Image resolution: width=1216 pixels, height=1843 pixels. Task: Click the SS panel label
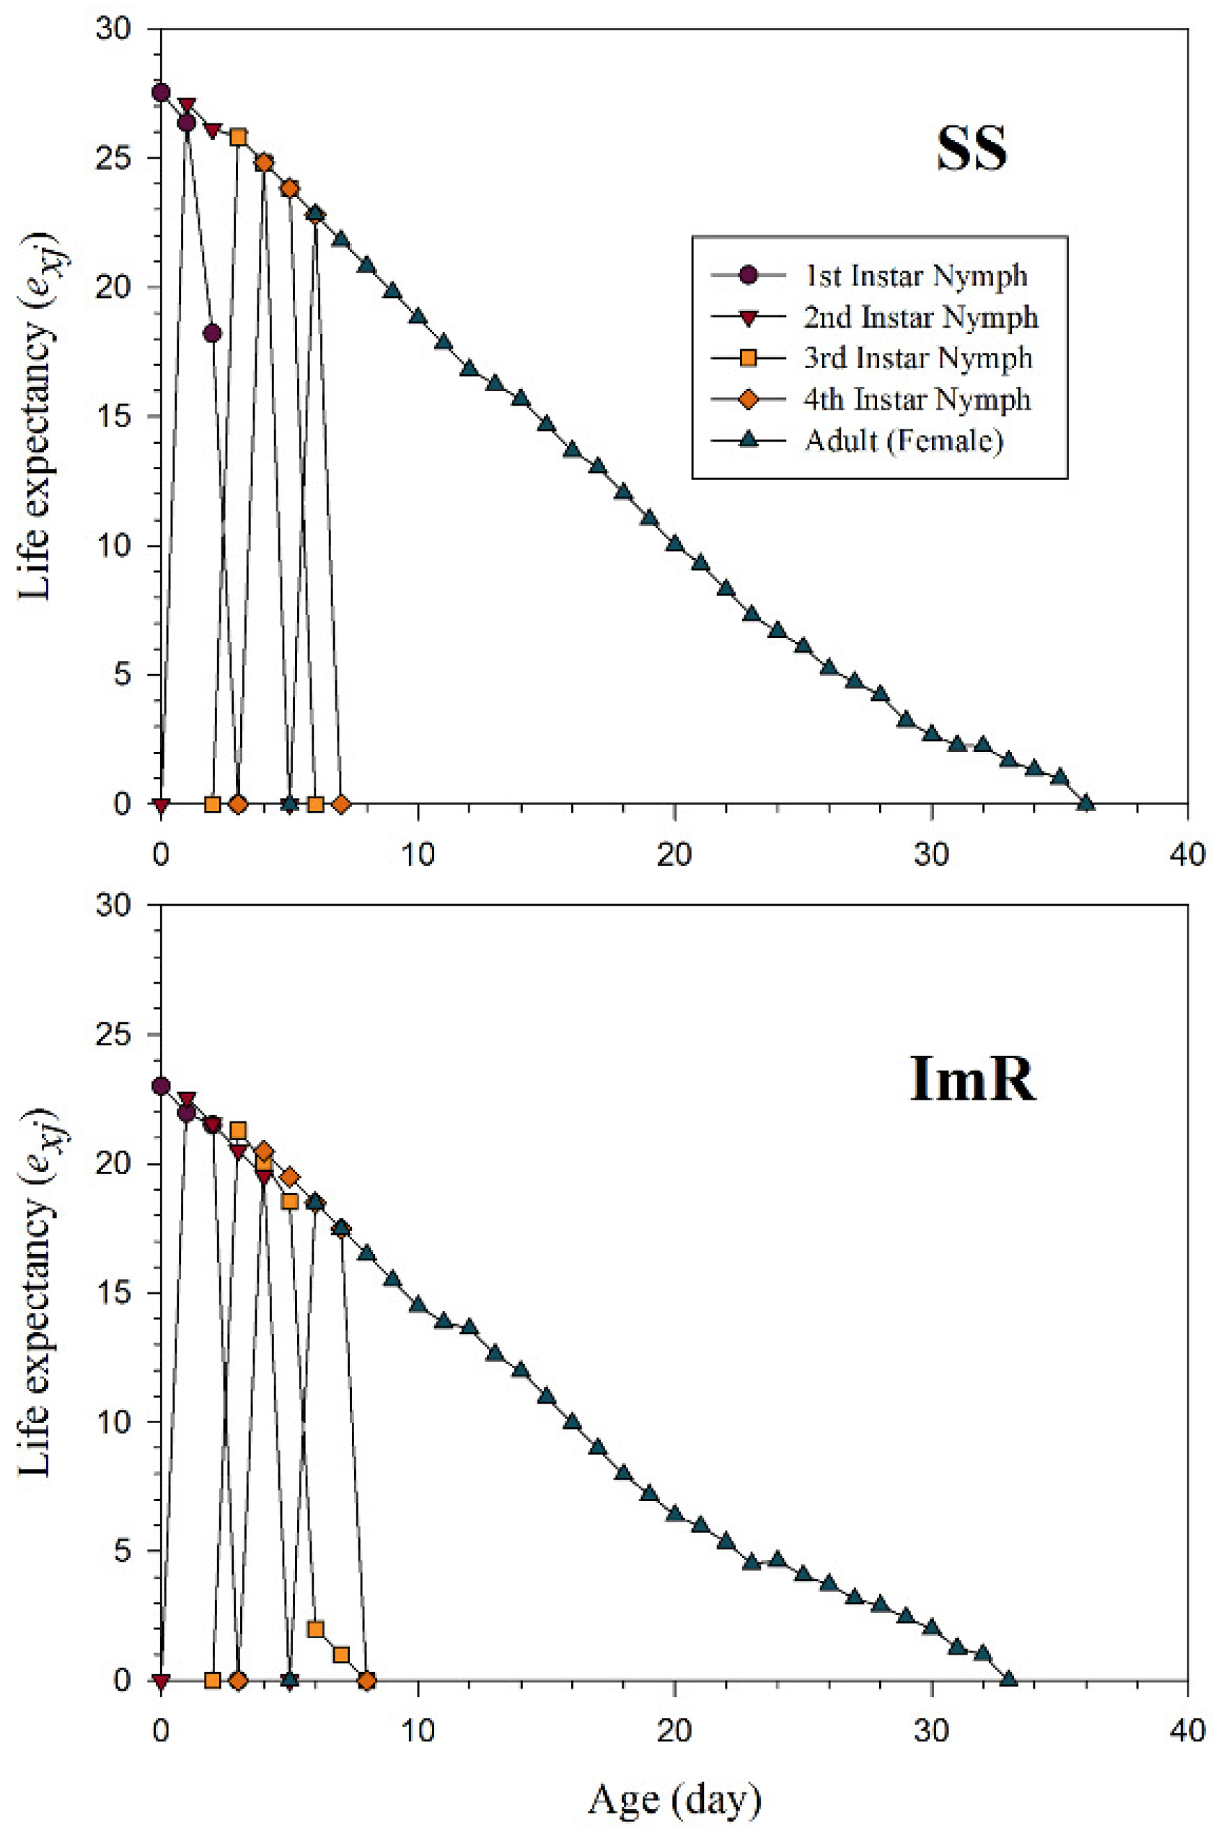click(971, 149)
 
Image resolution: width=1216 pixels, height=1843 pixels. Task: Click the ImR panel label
click(971, 1080)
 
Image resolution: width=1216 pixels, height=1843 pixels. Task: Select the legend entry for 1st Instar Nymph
click(915, 276)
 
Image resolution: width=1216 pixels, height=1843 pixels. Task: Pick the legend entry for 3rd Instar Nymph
click(917, 358)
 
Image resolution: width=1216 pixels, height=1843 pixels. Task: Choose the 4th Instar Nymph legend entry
click(917, 399)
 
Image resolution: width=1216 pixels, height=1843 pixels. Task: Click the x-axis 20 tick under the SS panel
click(674, 855)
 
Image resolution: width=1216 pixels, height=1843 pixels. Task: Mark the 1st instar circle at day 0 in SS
click(161, 93)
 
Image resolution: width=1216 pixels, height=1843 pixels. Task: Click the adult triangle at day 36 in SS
click(1085, 803)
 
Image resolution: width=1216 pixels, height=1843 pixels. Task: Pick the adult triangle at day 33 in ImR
click(1008, 1678)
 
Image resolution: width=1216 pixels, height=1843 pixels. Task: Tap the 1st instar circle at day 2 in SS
click(213, 333)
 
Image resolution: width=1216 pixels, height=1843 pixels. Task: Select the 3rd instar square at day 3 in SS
click(238, 137)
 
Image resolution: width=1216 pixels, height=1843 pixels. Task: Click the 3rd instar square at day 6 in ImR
click(316, 1629)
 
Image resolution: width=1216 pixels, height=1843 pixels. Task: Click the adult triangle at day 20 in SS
click(674, 544)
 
